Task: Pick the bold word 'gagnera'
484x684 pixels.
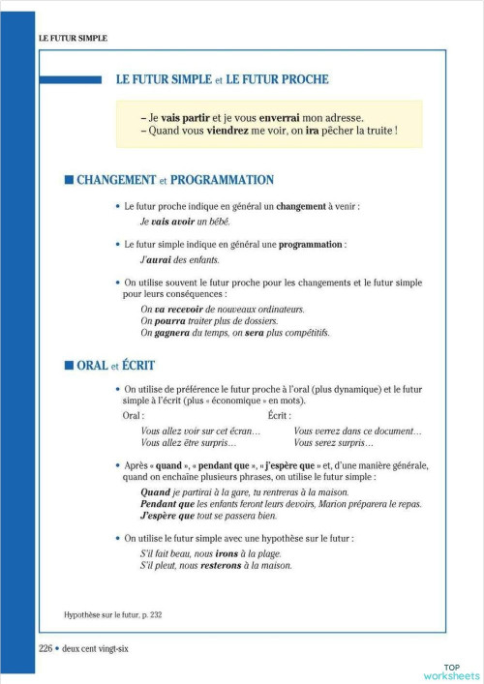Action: pyautogui.click(x=172, y=333)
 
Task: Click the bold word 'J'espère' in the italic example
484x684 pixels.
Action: pyautogui.click(x=164, y=518)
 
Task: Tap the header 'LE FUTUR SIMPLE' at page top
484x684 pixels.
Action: pyautogui.click(x=73, y=38)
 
